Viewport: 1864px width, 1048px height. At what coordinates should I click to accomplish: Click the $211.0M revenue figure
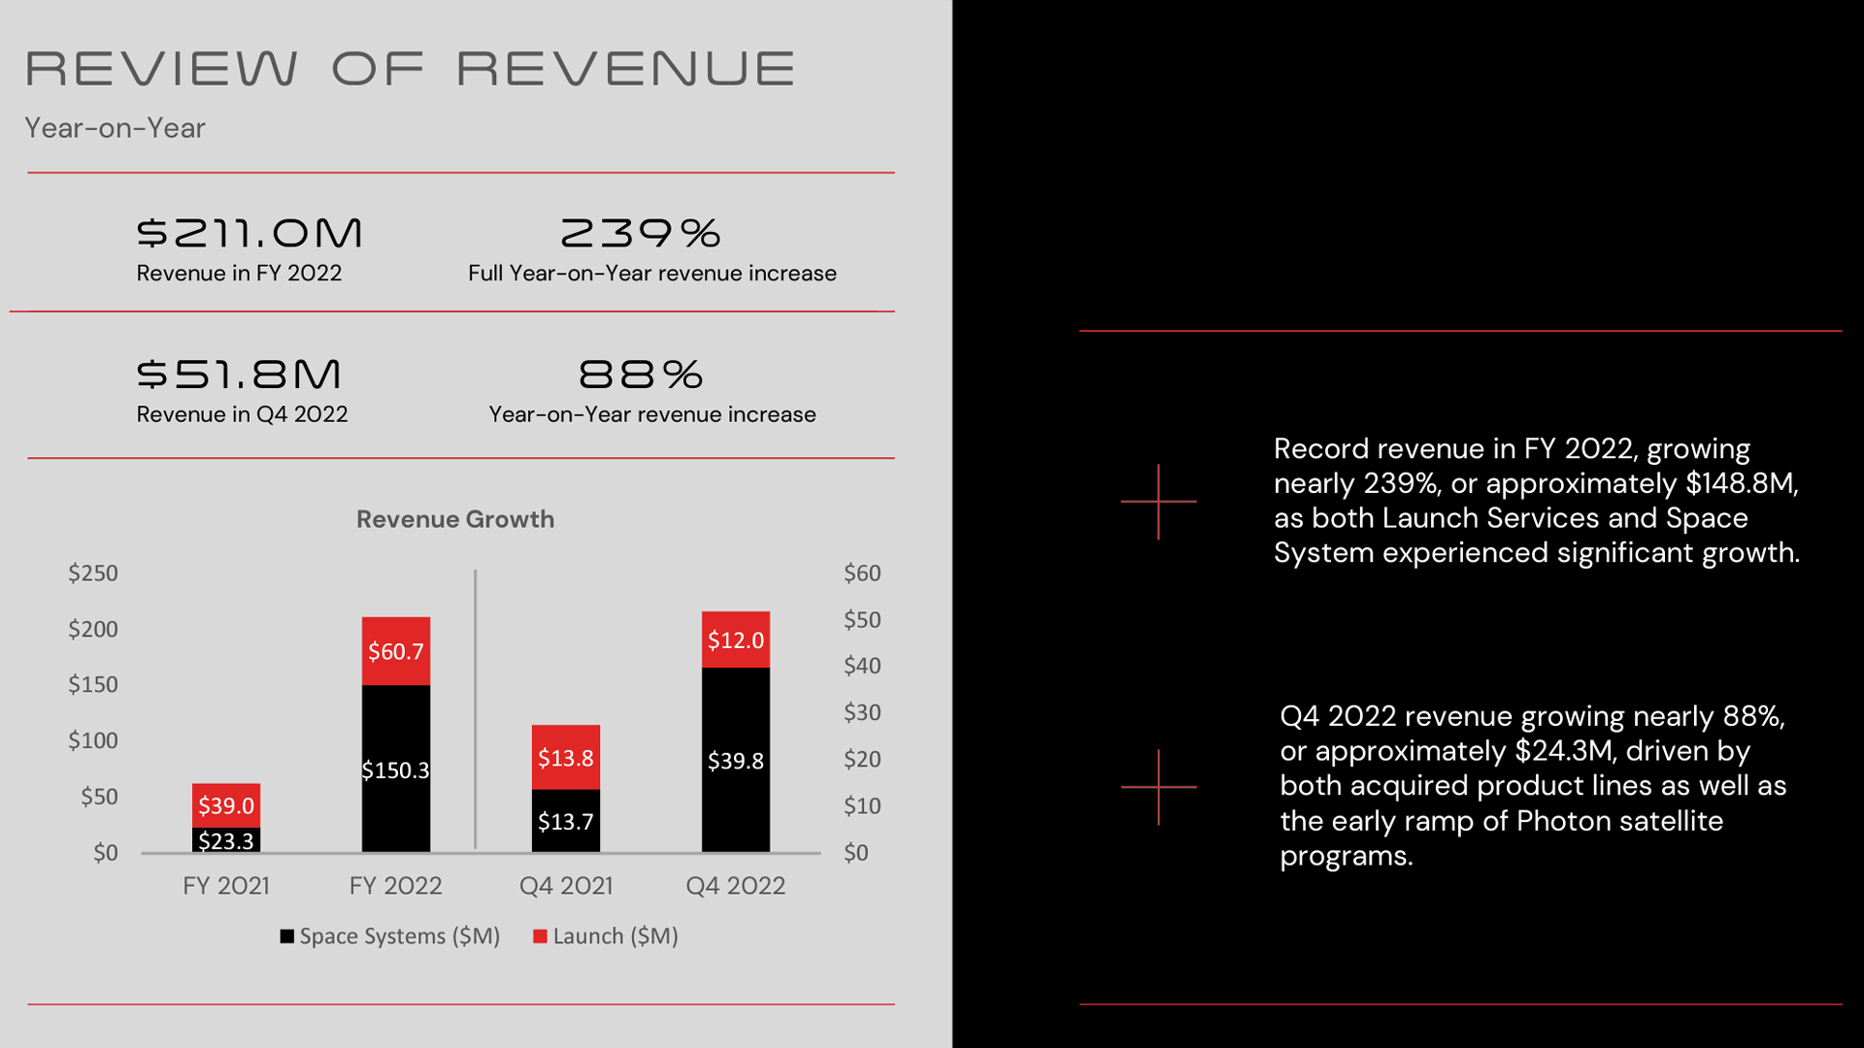(x=250, y=233)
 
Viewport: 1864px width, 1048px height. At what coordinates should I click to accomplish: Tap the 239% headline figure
(x=641, y=233)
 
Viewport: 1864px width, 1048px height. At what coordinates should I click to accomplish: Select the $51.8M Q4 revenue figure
(x=239, y=375)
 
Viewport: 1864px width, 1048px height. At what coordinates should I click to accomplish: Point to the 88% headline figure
(x=641, y=375)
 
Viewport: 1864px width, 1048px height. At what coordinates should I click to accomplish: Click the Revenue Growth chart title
(x=455, y=519)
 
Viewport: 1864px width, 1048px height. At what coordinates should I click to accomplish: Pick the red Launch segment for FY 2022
(x=396, y=651)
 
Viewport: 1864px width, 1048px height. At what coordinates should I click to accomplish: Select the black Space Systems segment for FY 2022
(x=396, y=769)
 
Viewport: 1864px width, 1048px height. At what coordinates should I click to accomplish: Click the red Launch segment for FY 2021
(x=226, y=805)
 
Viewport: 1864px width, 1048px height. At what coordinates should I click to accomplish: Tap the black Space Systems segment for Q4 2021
(x=566, y=821)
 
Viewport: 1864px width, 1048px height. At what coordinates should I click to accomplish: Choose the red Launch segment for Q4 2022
(x=736, y=639)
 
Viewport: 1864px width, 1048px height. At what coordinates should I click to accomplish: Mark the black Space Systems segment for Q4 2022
(x=736, y=760)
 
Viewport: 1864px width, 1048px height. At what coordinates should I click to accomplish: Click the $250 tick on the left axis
(x=93, y=573)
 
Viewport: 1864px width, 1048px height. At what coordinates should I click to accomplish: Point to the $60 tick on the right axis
(x=862, y=573)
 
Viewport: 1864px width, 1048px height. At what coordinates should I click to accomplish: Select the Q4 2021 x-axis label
(x=566, y=886)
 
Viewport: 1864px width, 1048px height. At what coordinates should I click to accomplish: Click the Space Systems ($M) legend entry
(x=390, y=936)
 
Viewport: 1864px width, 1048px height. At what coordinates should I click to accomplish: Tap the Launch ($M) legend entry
(x=606, y=936)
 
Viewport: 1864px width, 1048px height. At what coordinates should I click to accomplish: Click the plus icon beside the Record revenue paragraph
(x=1158, y=502)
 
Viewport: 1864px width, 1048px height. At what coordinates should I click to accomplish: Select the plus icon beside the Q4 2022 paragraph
(x=1158, y=787)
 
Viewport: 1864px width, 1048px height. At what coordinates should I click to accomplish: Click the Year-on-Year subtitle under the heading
(x=115, y=128)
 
